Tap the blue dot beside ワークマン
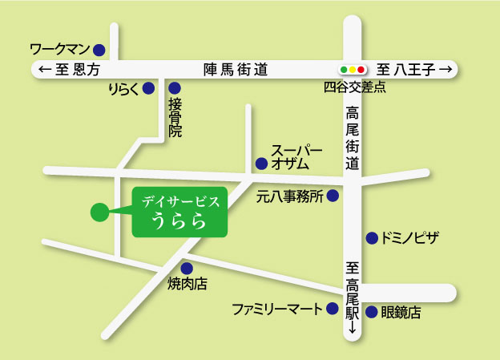click(x=99, y=50)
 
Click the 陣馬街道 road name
click(x=236, y=70)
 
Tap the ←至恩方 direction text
click(x=70, y=70)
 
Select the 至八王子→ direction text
click(x=416, y=70)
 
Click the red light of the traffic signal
click(x=362, y=70)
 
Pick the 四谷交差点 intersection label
click(x=355, y=87)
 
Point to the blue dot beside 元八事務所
click(x=333, y=196)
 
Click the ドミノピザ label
click(x=410, y=238)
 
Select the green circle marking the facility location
click(x=99, y=212)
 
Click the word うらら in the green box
click(x=179, y=218)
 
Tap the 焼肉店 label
click(x=187, y=284)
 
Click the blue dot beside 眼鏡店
click(x=372, y=313)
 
